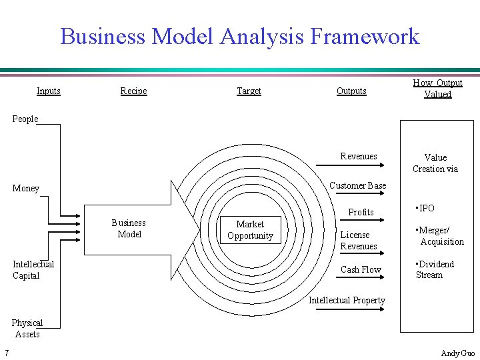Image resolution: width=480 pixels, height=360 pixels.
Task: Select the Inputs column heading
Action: (49, 91)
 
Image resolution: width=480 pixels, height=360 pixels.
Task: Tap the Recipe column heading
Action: (133, 91)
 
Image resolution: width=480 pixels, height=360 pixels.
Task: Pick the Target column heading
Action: (249, 91)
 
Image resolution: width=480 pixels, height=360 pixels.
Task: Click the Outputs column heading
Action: (351, 91)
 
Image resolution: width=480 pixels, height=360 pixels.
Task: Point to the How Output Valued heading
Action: (437, 89)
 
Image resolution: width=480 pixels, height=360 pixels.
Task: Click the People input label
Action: (25, 119)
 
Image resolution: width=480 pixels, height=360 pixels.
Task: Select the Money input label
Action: (26, 189)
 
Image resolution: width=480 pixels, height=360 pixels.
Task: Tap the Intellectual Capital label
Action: (33, 270)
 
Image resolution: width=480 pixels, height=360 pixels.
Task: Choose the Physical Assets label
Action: (27, 329)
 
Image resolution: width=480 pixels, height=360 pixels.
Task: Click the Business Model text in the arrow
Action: (129, 228)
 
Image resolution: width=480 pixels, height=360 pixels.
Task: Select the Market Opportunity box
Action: (250, 230)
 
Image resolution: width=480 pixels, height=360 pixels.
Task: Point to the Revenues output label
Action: (359, 156)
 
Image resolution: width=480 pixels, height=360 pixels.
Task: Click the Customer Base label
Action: (357, 185)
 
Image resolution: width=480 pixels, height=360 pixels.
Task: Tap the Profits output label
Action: (361, 212)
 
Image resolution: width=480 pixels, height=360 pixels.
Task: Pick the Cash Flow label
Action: (361, 270)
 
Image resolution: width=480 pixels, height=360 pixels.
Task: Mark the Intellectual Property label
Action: (347, 300)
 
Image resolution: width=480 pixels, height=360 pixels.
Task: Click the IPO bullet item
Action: (425, 208)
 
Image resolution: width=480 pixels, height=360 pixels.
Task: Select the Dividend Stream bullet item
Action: (435, 269)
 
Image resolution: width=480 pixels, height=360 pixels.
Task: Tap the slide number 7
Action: (6, 353)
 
